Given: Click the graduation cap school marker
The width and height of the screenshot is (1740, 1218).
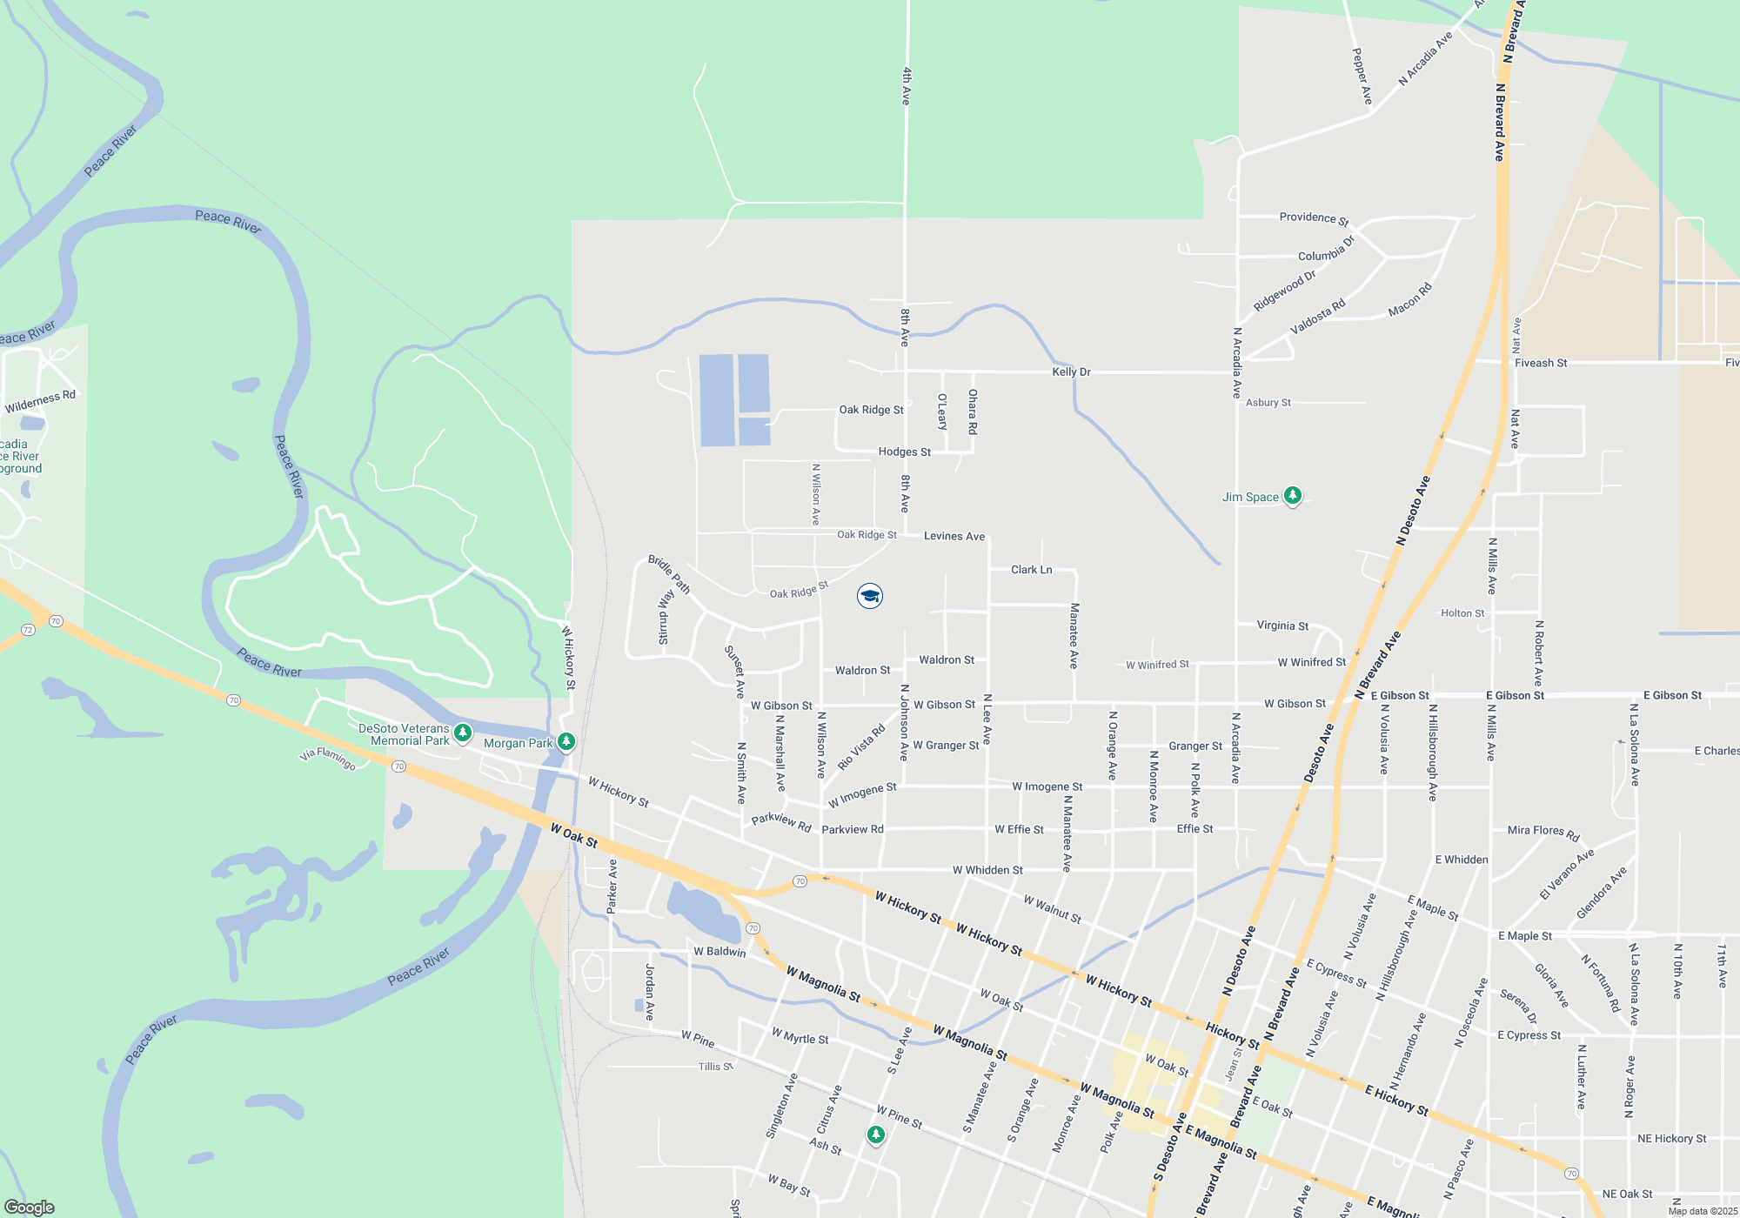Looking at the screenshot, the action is tap(870, 596).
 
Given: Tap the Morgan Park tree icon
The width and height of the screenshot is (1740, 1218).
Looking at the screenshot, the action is tap(566, 742).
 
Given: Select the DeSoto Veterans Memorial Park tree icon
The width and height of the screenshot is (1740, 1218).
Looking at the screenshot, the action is tap(463, 733).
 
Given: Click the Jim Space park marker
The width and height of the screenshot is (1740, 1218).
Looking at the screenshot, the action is tap(1293, 496).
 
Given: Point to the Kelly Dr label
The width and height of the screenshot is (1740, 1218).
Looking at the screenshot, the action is tap(1071, 372).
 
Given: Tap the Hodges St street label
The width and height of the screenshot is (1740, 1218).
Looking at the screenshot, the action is tap(904, 452).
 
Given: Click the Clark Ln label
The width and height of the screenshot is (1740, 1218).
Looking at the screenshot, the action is tap(1031, 570).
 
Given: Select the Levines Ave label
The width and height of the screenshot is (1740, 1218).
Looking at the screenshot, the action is tap(954, 537).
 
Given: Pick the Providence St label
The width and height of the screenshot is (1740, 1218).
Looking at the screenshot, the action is tap(1314, 218).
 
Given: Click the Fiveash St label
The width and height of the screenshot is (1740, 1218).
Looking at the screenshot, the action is tap(1541, 363).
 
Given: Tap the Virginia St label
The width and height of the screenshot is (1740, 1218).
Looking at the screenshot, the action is tap(1282, 626).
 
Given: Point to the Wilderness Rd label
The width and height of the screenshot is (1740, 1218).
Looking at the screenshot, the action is tap(40, 402).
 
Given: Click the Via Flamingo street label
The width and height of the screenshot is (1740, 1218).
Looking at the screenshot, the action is tap(327, 759).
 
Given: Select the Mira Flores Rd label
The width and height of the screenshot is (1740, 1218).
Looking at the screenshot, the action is tap(1543, 833).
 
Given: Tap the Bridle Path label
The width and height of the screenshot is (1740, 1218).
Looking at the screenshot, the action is tap(669, 575).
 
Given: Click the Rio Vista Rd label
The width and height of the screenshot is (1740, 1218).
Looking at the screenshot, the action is tap(861, 747).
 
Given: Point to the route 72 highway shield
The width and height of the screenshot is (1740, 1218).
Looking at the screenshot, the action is tap(28, 630).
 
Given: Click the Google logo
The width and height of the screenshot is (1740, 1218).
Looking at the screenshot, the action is tap(30, 1208).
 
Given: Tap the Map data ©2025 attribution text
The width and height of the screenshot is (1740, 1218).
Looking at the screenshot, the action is tap(1703, 1211).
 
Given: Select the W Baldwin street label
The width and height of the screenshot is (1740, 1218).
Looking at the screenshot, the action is tap(719, 952).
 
